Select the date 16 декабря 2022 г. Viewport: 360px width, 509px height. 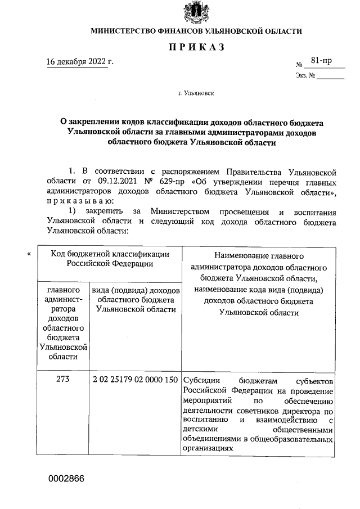[x=80, y=61]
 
